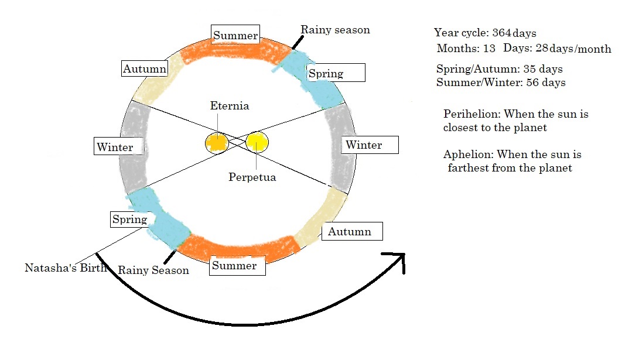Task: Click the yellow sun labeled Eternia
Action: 216,143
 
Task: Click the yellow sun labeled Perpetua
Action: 257,142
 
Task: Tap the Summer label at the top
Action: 235,36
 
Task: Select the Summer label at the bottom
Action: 234,266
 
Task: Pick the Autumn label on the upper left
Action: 144,69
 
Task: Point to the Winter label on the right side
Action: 364,145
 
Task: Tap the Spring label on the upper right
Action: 326,73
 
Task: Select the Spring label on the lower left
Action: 129,220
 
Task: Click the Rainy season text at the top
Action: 335,29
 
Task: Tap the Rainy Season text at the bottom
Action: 153,270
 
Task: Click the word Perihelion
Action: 471,114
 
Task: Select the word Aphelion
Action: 469,155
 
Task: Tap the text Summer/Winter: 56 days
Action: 501,83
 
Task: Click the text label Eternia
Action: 230,106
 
